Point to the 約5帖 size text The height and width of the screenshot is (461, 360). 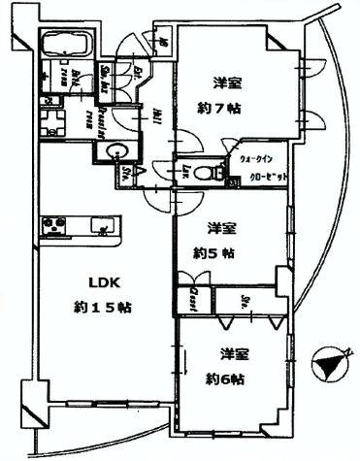pos(213,253)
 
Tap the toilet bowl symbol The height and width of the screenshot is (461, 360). pos(203,172)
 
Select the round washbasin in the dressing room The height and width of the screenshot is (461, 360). pos(116,151)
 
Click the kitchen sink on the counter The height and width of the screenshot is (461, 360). pos(101,227)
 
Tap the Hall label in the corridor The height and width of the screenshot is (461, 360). pos(157,113)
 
